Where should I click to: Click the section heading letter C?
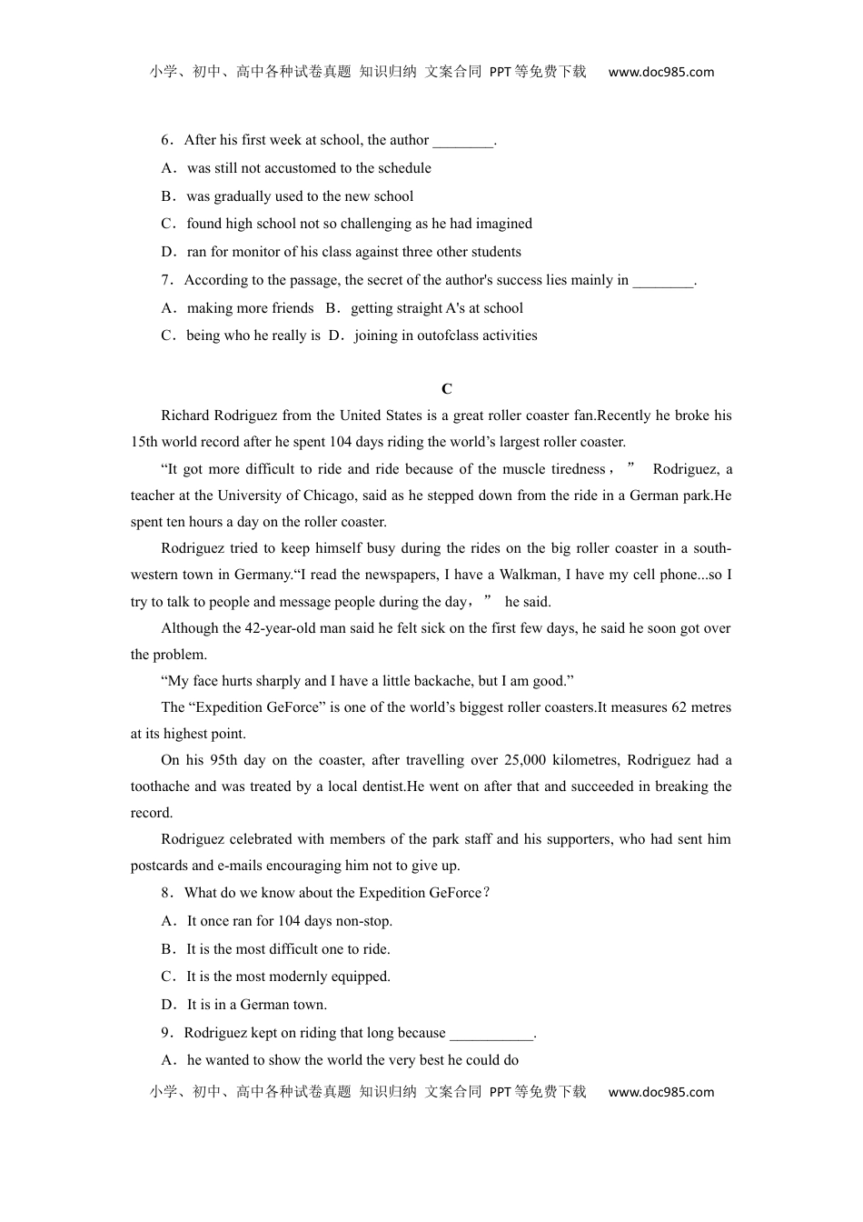click(446, 389)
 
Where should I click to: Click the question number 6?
click(165, 140)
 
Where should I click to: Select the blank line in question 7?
click(663, 281)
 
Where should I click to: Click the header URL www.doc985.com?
click(660, 73)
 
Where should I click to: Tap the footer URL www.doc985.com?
click(660, 1092)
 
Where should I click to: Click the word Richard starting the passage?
click(184, 416)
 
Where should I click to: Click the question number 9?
click(165, 1033)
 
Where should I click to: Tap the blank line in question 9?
click(492, 1034)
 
